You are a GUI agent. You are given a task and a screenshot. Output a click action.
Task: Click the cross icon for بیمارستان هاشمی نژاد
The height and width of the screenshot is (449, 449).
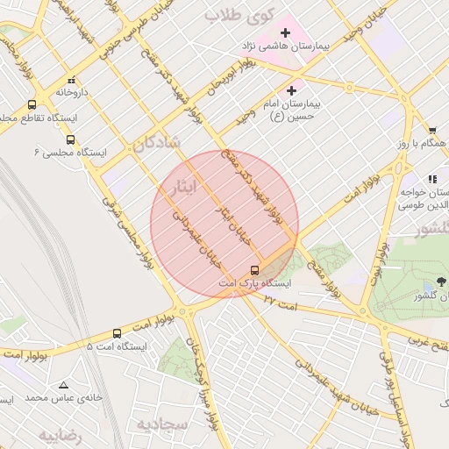pyautogui.click(x=285, y=32)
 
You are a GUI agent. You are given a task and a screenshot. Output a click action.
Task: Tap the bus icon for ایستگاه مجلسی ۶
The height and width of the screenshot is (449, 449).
pyautogui.click(x=70, y=139)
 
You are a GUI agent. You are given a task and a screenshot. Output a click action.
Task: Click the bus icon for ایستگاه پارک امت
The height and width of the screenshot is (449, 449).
pyautogui.click(x=254, y=269)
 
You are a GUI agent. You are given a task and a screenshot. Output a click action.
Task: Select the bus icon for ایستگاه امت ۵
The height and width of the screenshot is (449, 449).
pyautogui.click(x=118, y=333)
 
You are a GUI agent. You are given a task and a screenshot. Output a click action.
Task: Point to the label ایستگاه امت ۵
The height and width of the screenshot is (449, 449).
pyautogui.click(x=117, y=346)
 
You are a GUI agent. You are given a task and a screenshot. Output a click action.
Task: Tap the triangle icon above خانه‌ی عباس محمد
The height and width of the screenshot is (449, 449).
pyautogui.click(x=63, y=385)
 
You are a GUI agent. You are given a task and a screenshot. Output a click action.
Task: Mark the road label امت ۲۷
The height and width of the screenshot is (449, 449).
pyautogui.click(x=282, y=302)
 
